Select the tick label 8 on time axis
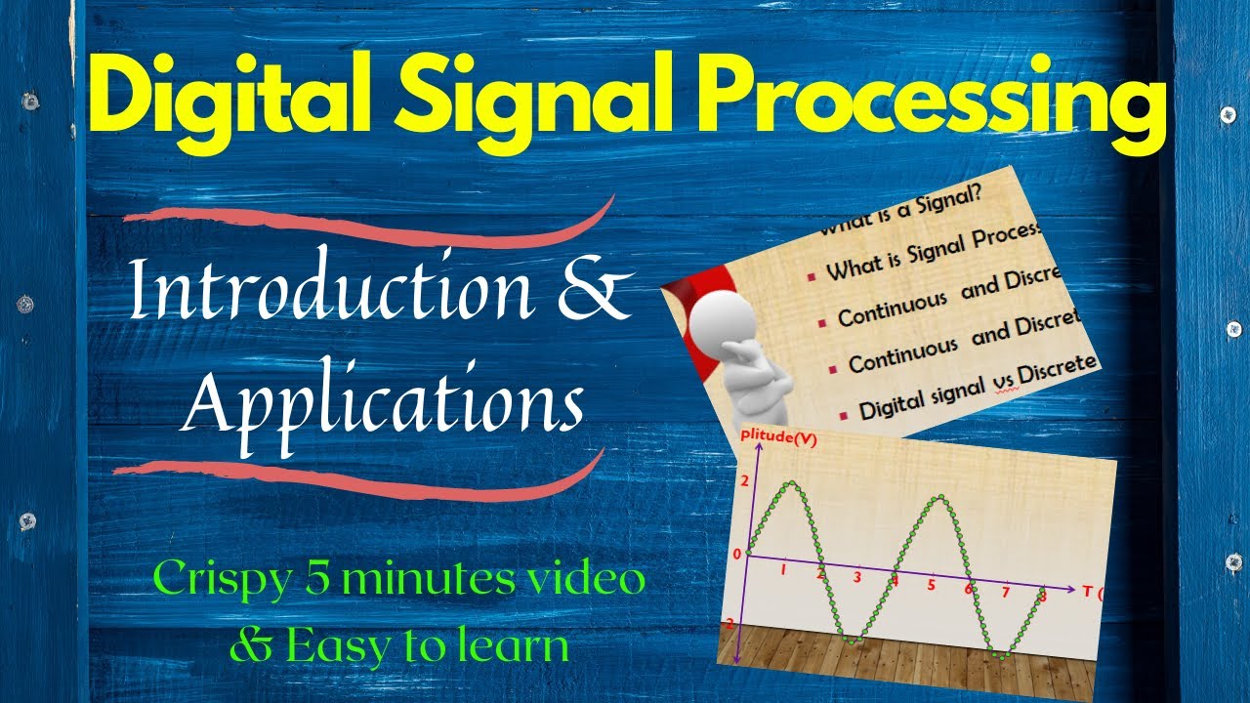1042,596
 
